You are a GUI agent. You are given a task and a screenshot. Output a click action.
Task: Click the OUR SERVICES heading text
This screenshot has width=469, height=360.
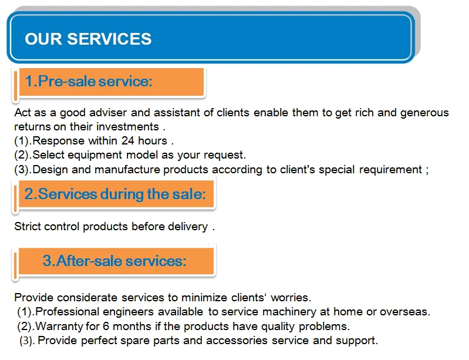click(x=88, y=39)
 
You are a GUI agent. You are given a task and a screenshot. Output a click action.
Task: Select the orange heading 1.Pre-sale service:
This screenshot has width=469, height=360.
click(x=88, y=81)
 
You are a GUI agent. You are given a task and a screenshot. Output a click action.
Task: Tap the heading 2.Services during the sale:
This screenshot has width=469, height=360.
click(x=115, y=194)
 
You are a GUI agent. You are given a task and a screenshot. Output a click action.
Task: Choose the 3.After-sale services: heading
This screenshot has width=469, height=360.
click(x=114, y=261)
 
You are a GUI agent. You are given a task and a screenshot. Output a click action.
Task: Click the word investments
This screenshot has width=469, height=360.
click(x=128, y=127)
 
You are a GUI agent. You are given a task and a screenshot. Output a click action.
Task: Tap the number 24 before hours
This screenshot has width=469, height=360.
click(x=128, y=141)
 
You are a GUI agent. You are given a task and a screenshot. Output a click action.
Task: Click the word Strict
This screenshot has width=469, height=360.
click(x=28, y=227)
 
